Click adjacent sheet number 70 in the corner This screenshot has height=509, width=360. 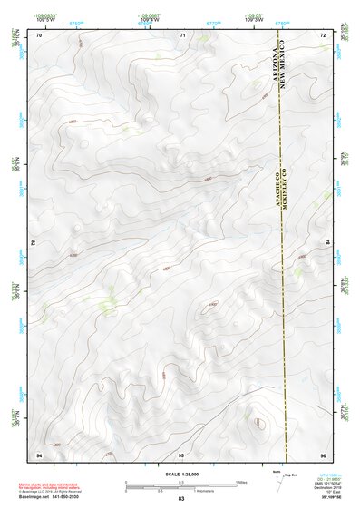[x=38, y=34]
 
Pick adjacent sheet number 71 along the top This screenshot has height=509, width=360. [x=182, y=34]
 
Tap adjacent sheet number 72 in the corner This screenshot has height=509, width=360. [x=324, y=34]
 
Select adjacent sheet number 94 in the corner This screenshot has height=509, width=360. [x=38, y=453]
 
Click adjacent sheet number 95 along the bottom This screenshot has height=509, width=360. [x=181, y=453]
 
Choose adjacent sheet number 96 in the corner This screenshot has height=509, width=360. [x=324, y=453]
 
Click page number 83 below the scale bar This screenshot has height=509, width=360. [x=181, y=499]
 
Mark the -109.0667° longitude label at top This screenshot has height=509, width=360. [x=150, y=15]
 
